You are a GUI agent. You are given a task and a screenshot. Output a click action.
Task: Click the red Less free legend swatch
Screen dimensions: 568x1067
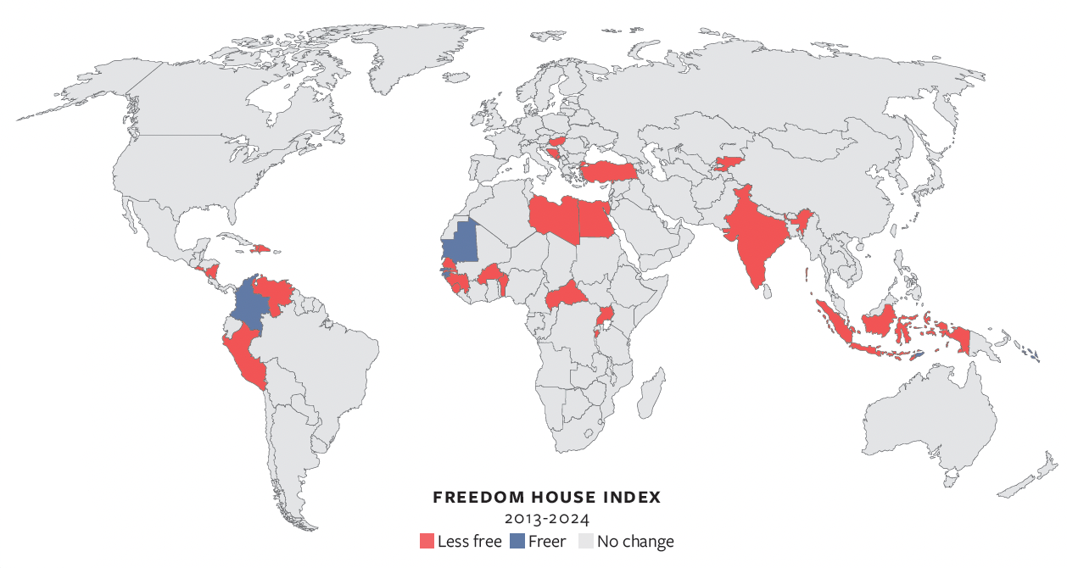pos(427,541)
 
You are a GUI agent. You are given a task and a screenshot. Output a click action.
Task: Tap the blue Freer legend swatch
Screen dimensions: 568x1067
pos(517,541)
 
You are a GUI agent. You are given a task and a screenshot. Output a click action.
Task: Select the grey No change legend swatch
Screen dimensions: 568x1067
pos(586,541)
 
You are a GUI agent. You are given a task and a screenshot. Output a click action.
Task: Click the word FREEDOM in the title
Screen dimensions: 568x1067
pos(471,497)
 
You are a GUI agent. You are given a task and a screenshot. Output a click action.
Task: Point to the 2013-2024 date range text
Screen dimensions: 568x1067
pos(546,518)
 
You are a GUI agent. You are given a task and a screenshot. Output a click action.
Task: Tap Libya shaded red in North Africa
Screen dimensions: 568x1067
pos(554,218)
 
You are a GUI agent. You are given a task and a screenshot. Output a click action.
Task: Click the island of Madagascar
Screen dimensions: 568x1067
pos(649,398)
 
